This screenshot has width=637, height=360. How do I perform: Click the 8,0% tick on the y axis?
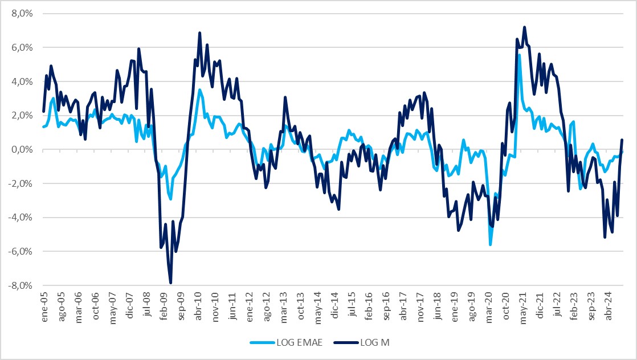tap(22, 14)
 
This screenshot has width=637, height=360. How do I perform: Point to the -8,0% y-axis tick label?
tap(21, 286)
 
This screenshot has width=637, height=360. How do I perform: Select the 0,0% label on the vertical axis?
tap(22, 150)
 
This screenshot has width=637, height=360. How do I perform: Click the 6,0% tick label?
tap(22, 48)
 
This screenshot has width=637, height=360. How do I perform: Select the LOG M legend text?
tap(375, 342)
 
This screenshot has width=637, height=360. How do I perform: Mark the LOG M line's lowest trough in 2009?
tap(170, 283)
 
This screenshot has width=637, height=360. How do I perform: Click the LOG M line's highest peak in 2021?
tap(524, 27)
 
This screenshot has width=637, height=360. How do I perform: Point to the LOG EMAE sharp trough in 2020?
tap(490, 244)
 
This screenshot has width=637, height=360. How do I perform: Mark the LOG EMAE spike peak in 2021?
tap(519, 55)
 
